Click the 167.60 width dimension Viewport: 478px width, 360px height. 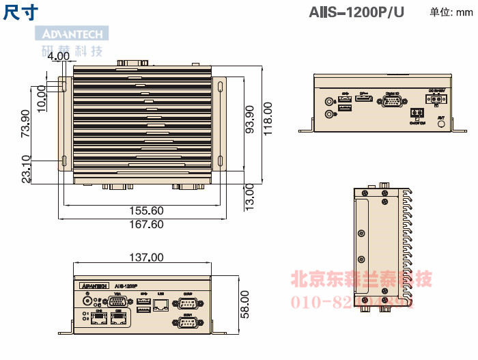[147, 224]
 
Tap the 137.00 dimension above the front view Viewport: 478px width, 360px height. [146, 258]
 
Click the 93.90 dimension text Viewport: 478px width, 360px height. [249, 119]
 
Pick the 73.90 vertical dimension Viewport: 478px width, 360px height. [26, 123]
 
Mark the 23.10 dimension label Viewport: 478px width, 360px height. [26, 168]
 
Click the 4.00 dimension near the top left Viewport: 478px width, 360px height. [59, 56]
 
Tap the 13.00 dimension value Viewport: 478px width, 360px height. [249, 195]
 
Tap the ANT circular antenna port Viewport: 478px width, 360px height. [441, 126]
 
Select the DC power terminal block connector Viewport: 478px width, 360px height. [435, 99]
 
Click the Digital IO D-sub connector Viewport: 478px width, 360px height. [392, 102]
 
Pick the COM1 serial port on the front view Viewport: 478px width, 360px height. [188, 323]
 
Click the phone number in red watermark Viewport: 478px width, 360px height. [353, 302]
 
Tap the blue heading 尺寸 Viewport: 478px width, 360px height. [20, 12]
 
